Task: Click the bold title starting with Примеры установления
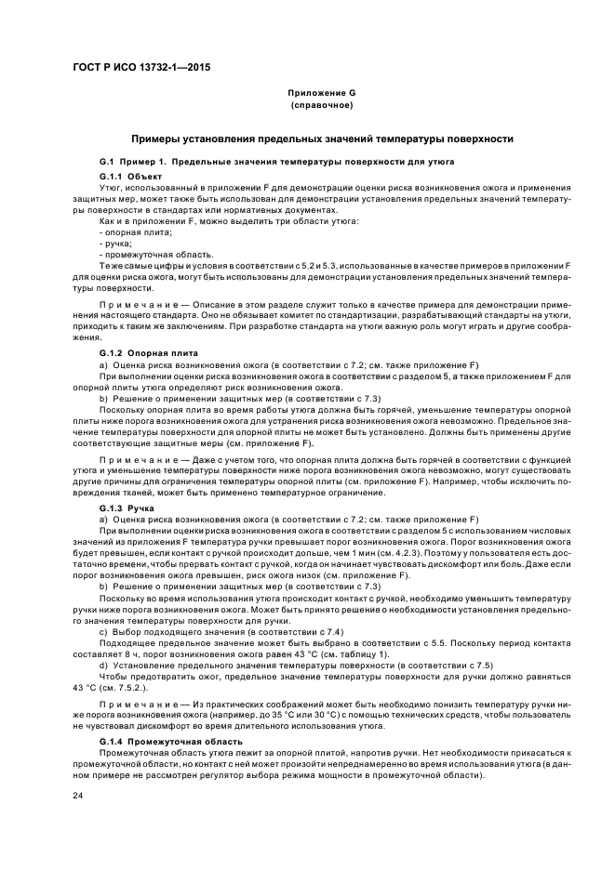click(x=321, y=138)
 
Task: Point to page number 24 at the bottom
click(x=78, y=796)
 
